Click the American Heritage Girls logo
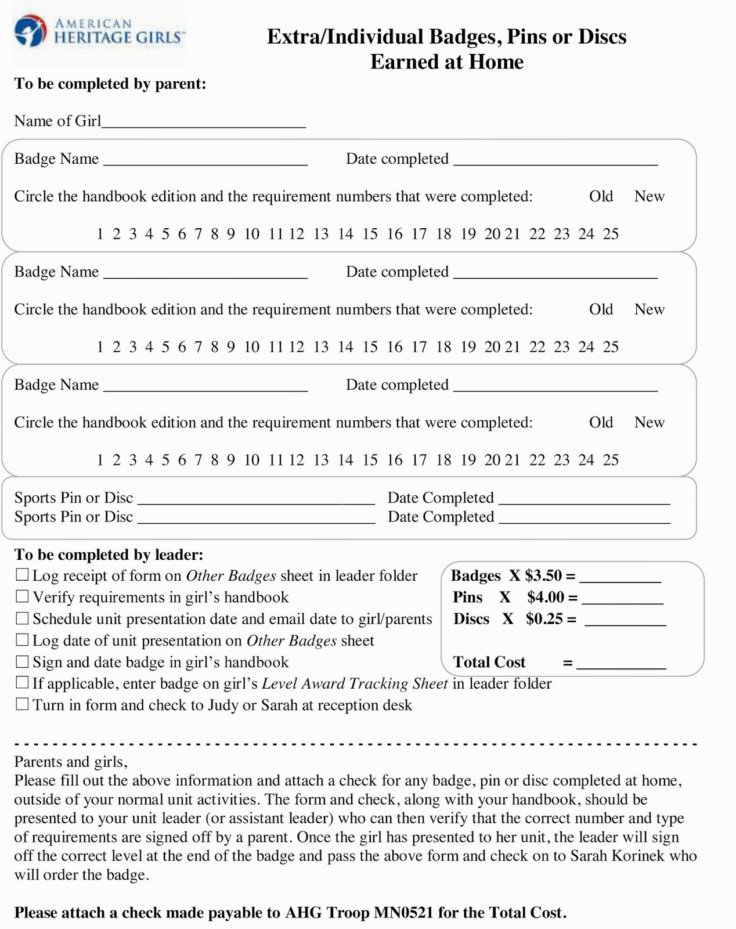(99, 32)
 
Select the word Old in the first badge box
(601, 196)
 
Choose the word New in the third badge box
(649, 422)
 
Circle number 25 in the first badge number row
(611, 234)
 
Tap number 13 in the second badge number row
(321, 347)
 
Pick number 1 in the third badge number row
(100, 460)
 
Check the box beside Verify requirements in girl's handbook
(22, 596)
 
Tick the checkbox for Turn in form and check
(22, 704)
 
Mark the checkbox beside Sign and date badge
(22, 661)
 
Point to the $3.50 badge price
(543, 575)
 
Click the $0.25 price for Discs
(544, 619)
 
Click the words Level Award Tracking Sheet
(355, 683)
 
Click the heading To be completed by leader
(109, 554)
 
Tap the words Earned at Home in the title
(446, 62)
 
